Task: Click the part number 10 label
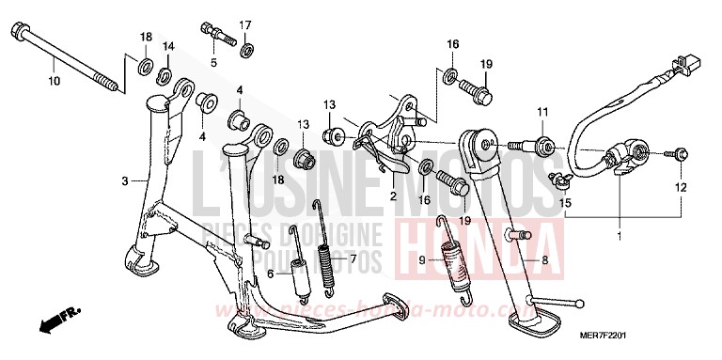click(x=53, y=82)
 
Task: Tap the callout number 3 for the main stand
click(x=125, y=180)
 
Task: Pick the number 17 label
click(x=244, y=24)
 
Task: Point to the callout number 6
click(x=270, y=274)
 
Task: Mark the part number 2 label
click(x=394, y=197)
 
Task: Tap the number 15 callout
click(x=566, y=204)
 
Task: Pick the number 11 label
click(x=541, y=113)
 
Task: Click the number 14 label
click(x=167, y=46)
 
